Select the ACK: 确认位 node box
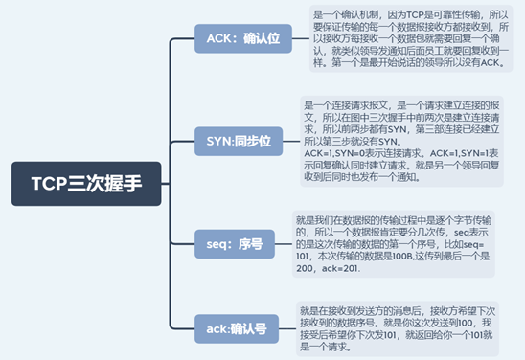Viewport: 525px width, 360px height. click(x=244, y=38)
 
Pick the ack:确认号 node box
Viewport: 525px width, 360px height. click(x=237, y=327)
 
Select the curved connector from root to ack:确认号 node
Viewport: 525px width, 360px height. click(x=177, y=287)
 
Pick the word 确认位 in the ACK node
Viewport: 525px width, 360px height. click(x=262, y=38)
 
